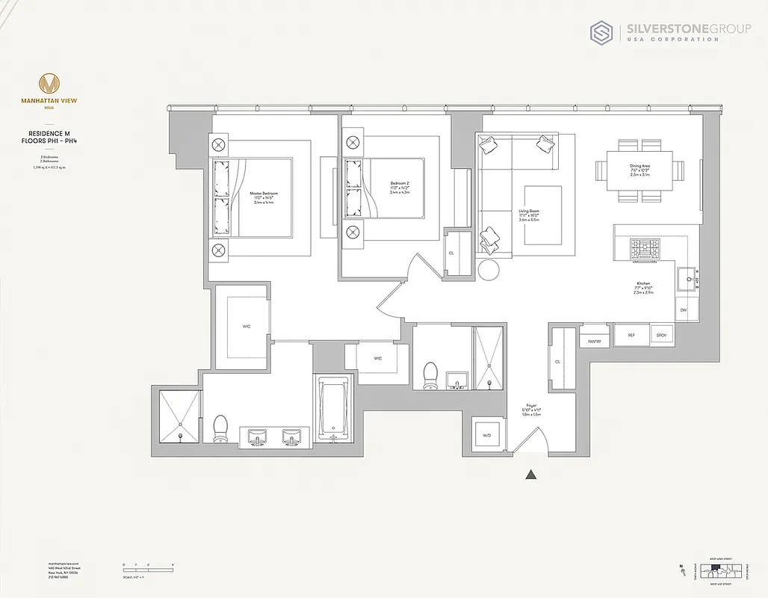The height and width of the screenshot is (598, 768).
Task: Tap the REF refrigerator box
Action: point(631,336)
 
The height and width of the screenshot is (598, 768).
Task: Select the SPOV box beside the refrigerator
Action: point(661,336)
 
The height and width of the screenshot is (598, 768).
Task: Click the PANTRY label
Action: point(595,341)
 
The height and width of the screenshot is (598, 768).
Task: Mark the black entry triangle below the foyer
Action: point(531,474)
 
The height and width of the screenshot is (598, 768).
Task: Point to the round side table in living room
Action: point(491,268)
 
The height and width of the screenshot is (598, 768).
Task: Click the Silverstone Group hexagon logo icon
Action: point(602,33)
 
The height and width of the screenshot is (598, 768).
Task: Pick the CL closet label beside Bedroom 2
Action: point(452,253)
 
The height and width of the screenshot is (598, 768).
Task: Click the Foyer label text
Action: point(531,407)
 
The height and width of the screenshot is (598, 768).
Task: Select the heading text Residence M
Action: point(50,133)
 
